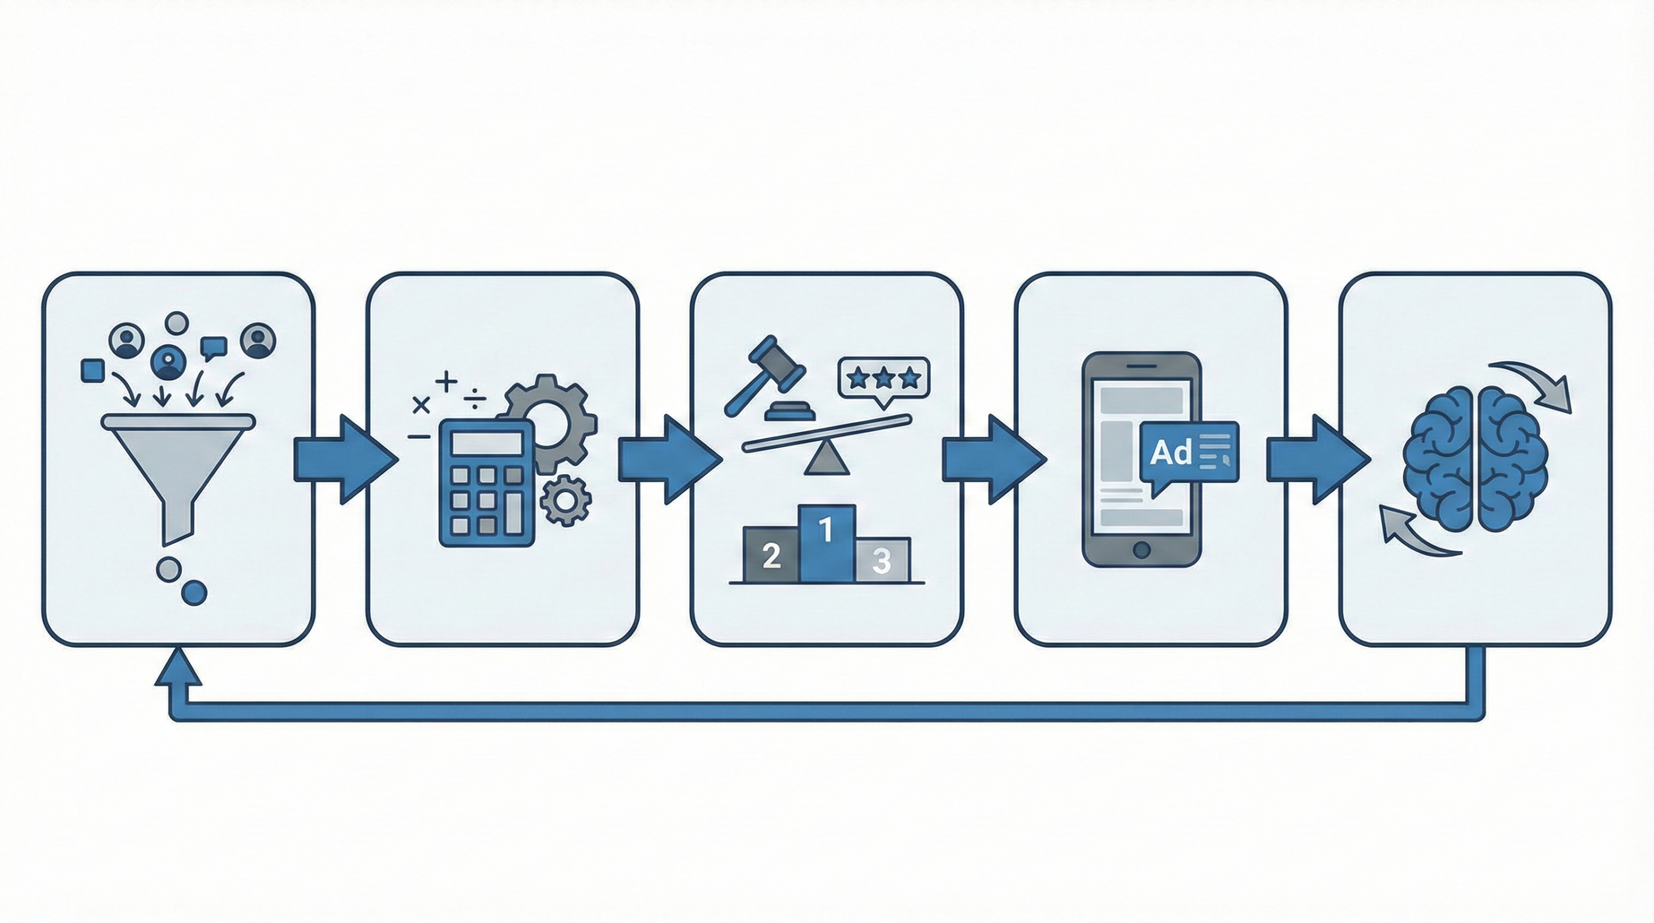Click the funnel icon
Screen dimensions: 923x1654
178,465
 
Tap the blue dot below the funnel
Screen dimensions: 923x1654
194,592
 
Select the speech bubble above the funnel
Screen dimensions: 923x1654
213,347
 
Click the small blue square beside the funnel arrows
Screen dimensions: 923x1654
92,370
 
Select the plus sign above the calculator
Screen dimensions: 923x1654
446,382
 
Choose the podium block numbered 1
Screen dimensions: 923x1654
827,543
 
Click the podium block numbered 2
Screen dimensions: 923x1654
771,555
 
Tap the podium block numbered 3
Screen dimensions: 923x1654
882,559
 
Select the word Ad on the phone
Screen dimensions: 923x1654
1171,453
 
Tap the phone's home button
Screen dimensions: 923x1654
1142,550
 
